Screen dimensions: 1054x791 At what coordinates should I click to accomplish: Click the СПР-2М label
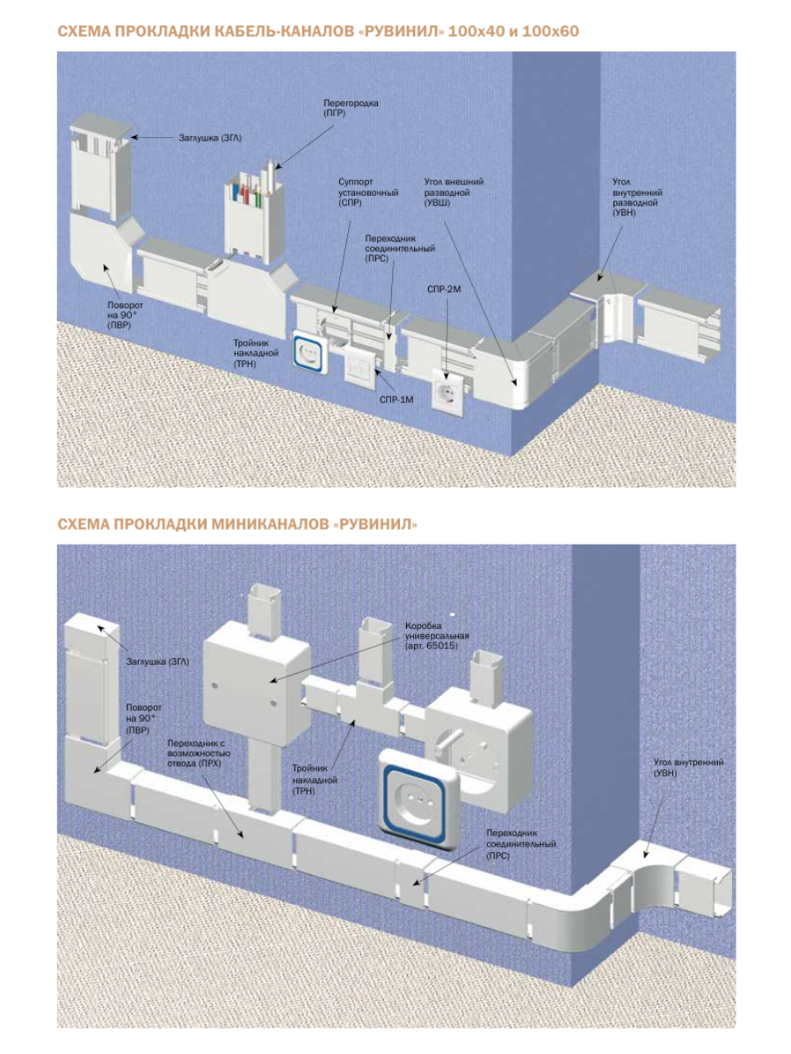pos(444,289)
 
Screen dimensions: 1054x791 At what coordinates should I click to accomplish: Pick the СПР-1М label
pos(395,401)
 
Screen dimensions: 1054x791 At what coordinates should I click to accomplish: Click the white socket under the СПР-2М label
pos(449,387)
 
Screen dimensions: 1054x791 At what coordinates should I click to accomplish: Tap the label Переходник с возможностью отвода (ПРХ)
pos(198,753)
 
